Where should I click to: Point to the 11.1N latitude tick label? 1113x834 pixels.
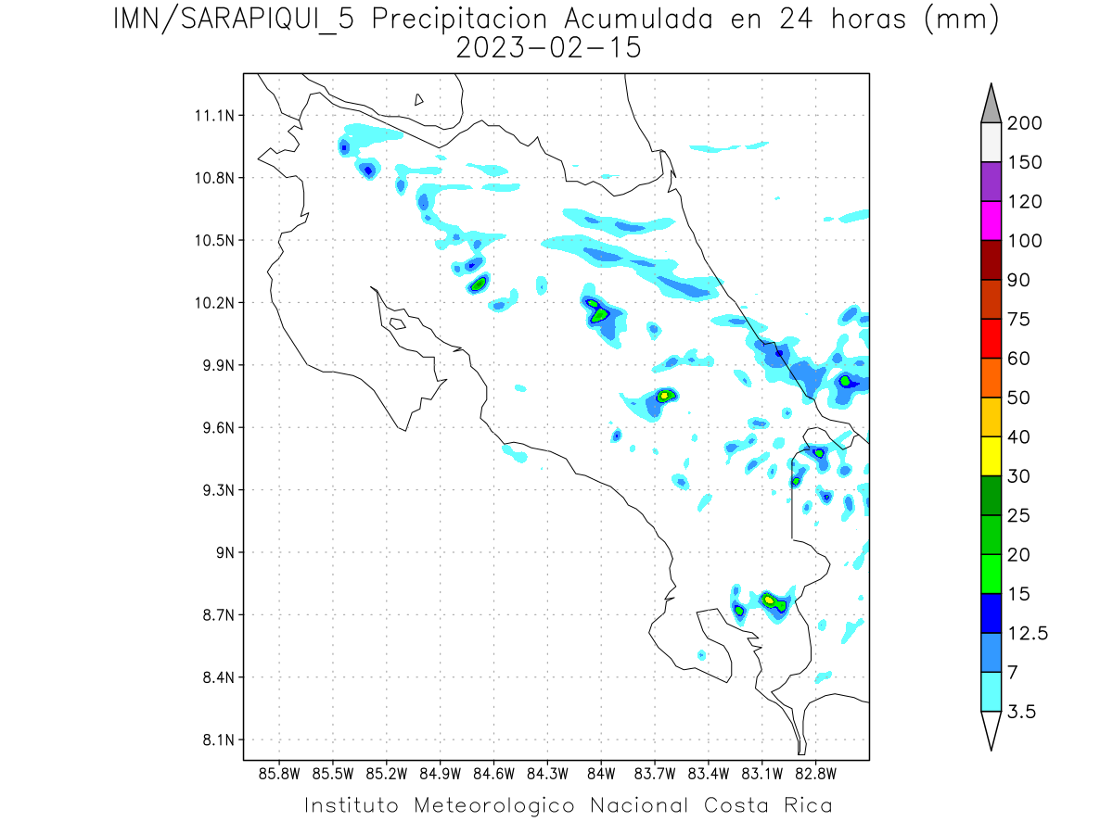coord(212,116)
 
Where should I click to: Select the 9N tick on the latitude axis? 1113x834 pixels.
coord(224,552)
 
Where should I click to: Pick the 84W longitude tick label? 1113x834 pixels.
coord(601,773)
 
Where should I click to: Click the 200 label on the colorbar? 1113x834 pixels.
coord(1024,123)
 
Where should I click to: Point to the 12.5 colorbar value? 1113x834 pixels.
coord(1028,634)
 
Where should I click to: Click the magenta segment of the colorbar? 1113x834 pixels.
coord(990,221)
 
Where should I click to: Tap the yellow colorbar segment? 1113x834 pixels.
coord(990,456)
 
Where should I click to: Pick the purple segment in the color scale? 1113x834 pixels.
coord(990,182)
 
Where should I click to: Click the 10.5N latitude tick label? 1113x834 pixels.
coord(212,240)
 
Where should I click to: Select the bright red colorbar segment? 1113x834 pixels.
coord(990,338)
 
